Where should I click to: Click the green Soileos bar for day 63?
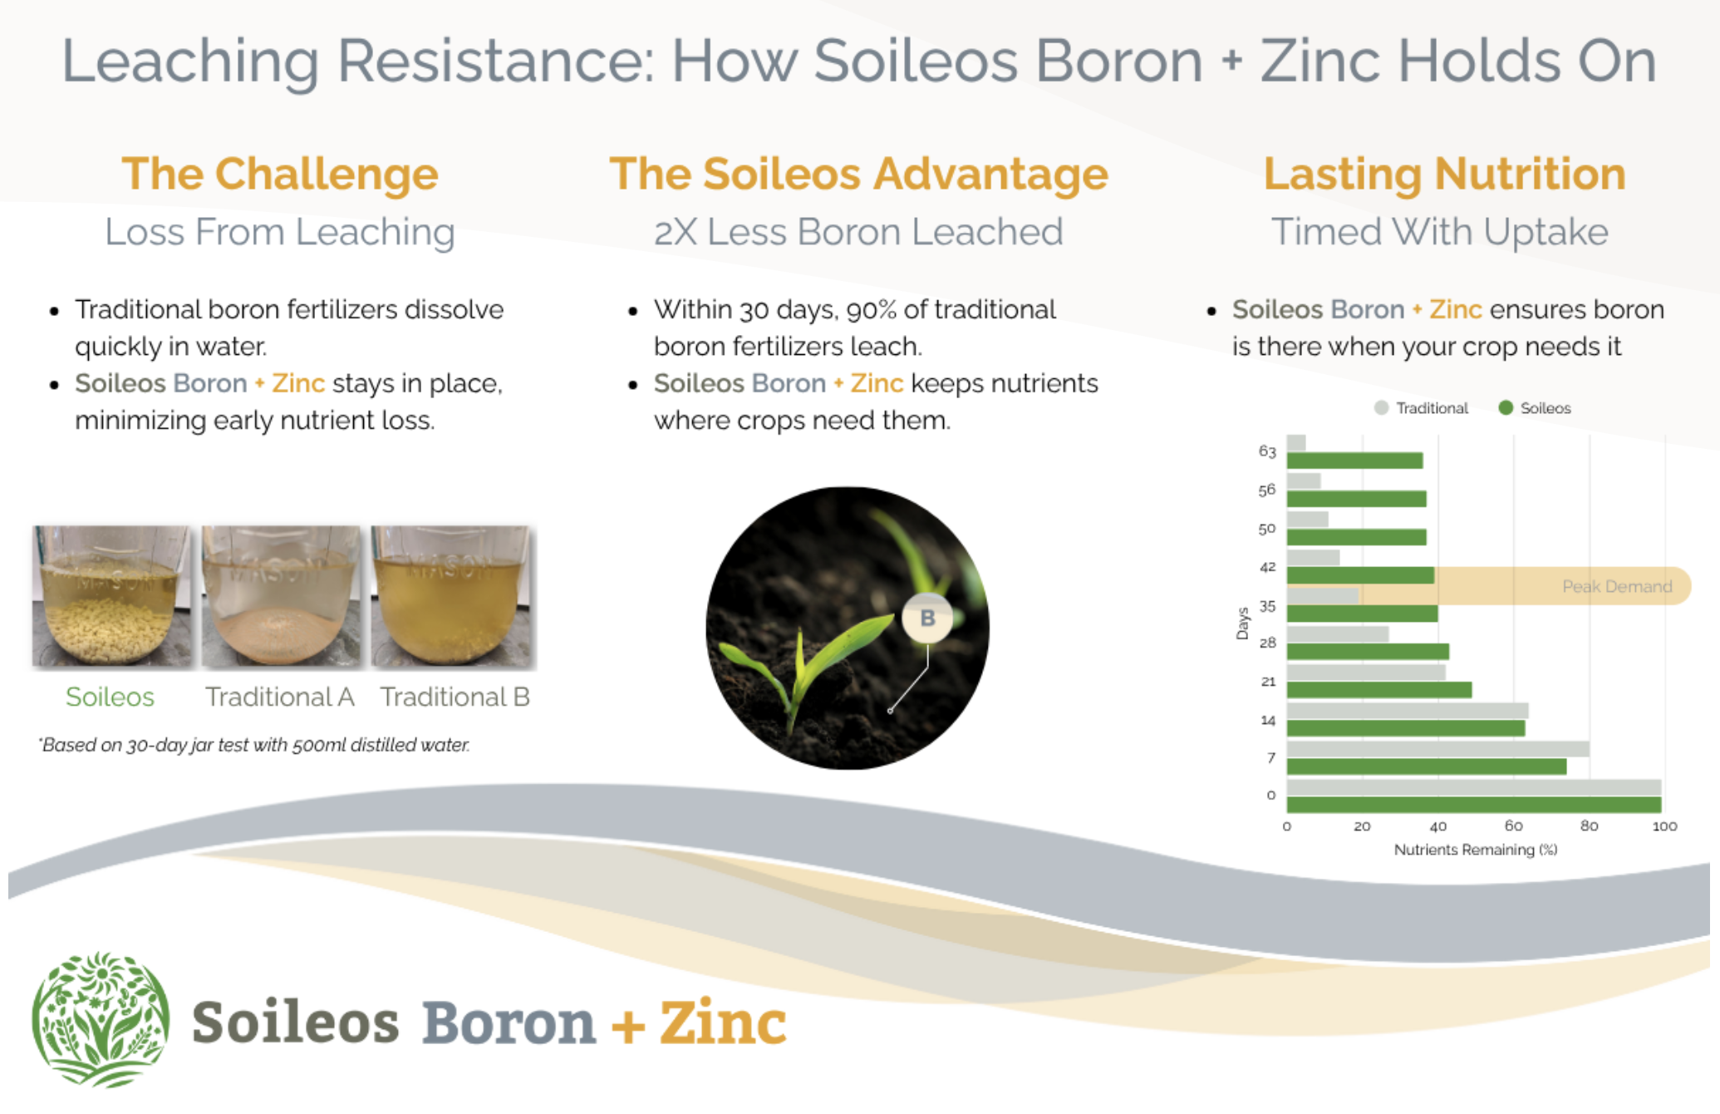[x=1354, y=461]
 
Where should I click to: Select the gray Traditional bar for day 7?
[x=1438, y=749]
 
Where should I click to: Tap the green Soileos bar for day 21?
[x=1379, y=690]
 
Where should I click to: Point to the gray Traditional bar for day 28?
[x=1338, y=634]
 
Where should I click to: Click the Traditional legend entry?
[x=1422, y=408]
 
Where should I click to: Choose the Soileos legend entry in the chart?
[x=1535, y=408]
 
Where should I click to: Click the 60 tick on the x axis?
[x=1514, y=826]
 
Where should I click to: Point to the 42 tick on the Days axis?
[x=1267, y=568]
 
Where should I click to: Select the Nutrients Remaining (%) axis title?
[x=1476, y=850]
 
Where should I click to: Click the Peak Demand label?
[x=1617, y=587]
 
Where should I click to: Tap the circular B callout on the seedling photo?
[x=927, y=618]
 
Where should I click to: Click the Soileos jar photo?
[x=111, y=596]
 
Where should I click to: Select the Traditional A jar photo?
[x=282, y=596]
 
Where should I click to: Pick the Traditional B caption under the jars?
[x=455, y=697]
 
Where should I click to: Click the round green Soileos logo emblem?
[x=101, y=1020]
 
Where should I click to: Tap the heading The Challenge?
[x=280, y=174]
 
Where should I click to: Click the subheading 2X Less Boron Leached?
[x=858, y=232]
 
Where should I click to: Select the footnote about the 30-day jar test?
[x=254, y=745]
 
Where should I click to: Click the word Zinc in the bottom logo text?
[x=723, y=1023]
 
